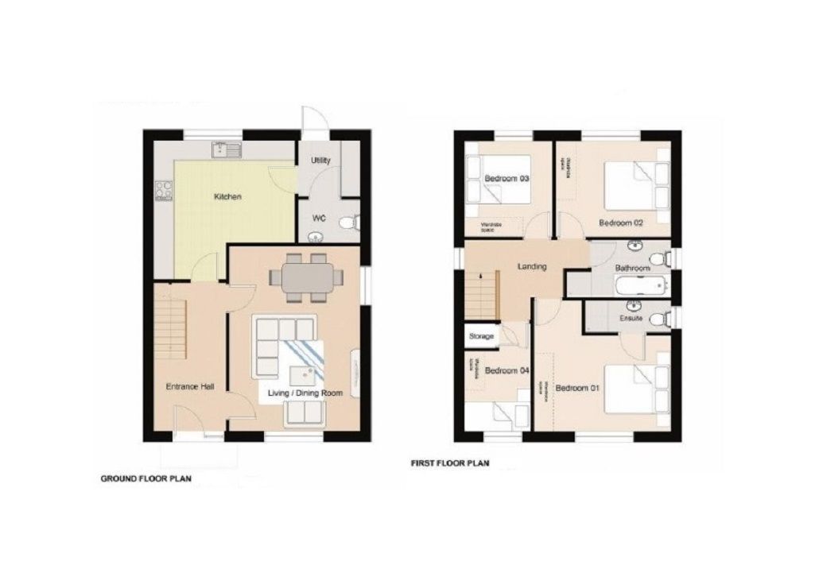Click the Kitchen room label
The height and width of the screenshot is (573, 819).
click(x=227, y=196)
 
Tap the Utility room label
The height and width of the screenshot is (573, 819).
click(x=320, y=161)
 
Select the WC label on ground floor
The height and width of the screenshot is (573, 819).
click(x=318, y=217)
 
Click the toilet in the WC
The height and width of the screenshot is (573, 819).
click(x=348, y=225)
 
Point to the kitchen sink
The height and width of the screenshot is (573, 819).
click(x=226, y=149)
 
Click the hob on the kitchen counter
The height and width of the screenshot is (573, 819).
click(x=164, y=191)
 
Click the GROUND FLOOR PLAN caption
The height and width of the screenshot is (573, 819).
click(x=146, y=479)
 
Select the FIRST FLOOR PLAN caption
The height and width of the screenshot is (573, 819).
click(x=449, y=463)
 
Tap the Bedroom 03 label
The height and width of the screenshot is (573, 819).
click(x=507, y=179)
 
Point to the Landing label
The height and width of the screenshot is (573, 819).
click(x=531, y=267)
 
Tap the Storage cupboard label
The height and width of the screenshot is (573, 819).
click(x=481, y=336)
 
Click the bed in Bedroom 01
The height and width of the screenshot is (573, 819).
click(x=636, y=389)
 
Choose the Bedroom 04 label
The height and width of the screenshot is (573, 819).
click(x=506, y=370)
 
